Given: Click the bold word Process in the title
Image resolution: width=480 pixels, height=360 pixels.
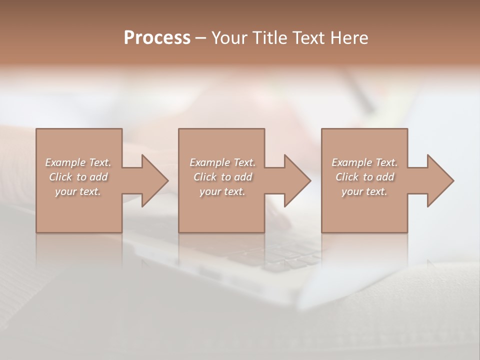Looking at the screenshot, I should point(157,38).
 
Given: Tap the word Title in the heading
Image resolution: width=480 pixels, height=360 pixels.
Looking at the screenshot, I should point(271,38).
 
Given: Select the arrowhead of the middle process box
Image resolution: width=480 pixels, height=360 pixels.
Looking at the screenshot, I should point(296,180).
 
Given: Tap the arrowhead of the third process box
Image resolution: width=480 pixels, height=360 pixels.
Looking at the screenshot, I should point(439,180).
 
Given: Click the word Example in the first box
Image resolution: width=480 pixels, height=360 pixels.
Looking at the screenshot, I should point(65,162).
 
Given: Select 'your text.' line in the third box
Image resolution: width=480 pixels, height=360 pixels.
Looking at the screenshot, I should point(364,191).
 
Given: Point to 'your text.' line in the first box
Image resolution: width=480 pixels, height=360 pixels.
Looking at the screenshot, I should point(78,191).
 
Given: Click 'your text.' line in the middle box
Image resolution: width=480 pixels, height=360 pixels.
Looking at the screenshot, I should point(222,191).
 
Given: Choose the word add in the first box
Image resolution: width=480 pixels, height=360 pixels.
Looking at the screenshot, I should point(98,177).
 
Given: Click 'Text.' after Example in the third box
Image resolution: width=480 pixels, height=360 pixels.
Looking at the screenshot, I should point(386,162).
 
